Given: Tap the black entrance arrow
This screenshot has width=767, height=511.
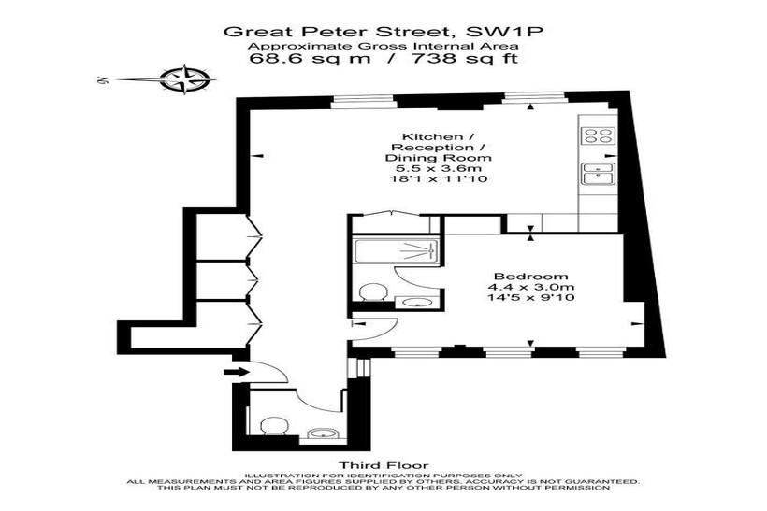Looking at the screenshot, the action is pyautogui.click(x=237, y=372).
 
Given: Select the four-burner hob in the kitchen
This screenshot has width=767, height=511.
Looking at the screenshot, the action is pyautogui.click(x=598, y=135).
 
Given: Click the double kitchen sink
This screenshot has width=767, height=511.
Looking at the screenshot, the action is pyautogui.click(x=599, y=175).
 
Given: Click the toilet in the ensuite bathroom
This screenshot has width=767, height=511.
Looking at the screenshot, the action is pyautogui.click(x=373, y=293).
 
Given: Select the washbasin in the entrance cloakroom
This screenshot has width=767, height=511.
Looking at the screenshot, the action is pyautogui.click(x=323, y=433).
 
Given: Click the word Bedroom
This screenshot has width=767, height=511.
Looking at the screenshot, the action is pyautogui.click(x=530, y=277).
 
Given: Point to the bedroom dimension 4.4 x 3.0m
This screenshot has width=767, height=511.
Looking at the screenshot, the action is pyautogui.click(x=530, y=287).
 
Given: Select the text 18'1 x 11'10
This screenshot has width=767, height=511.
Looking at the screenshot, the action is pyautogui.click(x=438, y=179).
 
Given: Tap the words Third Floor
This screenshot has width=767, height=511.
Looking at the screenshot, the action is pyautogui.click(x=383, y=465).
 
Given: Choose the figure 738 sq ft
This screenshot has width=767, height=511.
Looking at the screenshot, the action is pyautogui.click(x=465, y=59).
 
